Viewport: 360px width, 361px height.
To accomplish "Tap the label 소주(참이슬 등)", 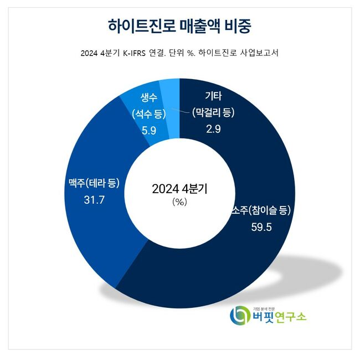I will pos(260,211).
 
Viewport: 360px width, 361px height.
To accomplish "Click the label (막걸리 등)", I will pos(213,113).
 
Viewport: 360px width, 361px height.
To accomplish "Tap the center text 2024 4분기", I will pos(181,188).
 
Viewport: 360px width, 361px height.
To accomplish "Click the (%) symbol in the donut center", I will pos(181,202).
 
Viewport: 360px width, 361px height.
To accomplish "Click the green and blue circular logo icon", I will pos(240,315).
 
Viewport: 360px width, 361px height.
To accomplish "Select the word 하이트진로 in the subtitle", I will pos(218,54).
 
